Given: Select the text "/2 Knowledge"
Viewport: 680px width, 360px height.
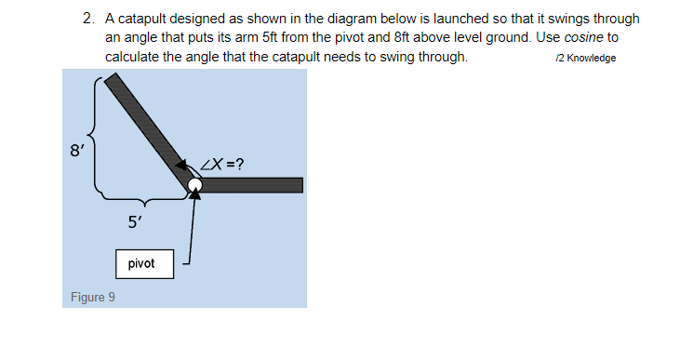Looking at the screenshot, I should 585,59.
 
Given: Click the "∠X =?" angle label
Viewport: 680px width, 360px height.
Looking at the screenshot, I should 223,166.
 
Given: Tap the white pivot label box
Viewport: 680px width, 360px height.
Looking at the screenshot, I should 144,263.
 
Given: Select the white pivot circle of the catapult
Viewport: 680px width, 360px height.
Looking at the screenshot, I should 194,186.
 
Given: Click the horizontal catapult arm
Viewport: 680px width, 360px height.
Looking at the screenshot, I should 251,185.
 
